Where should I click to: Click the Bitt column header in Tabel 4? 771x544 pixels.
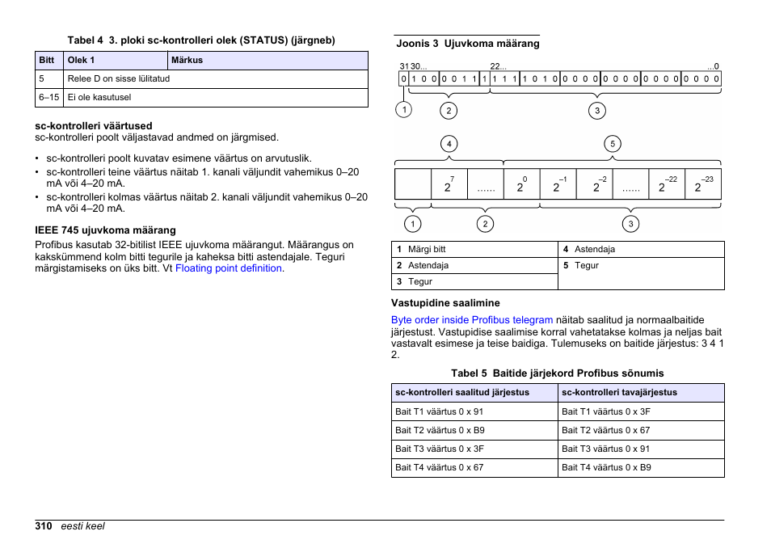tap(47, 60)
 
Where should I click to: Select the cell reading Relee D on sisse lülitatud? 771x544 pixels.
tap(118, 79)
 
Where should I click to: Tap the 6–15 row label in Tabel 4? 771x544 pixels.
tap(48, 97)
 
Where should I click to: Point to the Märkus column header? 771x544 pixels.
tap(187, 60)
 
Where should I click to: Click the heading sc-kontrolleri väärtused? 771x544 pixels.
tap(93, 126)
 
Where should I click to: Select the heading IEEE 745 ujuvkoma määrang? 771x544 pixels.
tap(105, 230)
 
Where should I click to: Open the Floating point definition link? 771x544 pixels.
tap(229, 268)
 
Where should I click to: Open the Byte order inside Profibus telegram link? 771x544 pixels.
tap(472, 320)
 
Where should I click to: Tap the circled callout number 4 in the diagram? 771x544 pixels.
tap(449, 145)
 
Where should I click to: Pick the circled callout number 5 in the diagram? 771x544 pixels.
tap(613, 145)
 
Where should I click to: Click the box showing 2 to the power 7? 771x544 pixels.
tap(449, 184)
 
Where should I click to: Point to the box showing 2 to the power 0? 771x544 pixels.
tap(521, 184)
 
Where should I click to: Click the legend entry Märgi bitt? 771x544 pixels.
tap(427, 249)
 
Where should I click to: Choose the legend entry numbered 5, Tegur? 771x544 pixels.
tap(586, 265)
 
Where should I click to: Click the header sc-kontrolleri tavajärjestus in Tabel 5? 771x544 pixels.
tap(619, 392)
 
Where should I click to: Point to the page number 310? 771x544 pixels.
tap(44, 526)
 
